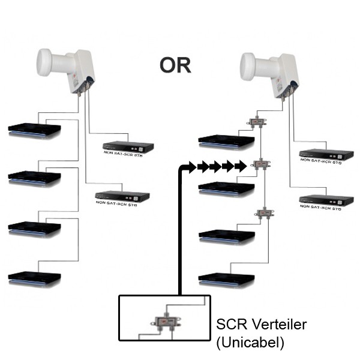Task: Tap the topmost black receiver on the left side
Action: [34, 130]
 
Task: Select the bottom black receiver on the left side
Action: [34, 278]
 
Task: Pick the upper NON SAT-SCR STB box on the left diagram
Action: [128, 146]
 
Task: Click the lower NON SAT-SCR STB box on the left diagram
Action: [123, 196]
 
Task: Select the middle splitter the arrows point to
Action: [262, 165]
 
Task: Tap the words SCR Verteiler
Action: [261, 325]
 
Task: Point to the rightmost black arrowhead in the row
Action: [241, 166]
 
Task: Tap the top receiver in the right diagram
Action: [226, 141]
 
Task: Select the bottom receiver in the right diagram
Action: [226, 278]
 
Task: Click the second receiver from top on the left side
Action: [34, 178]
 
